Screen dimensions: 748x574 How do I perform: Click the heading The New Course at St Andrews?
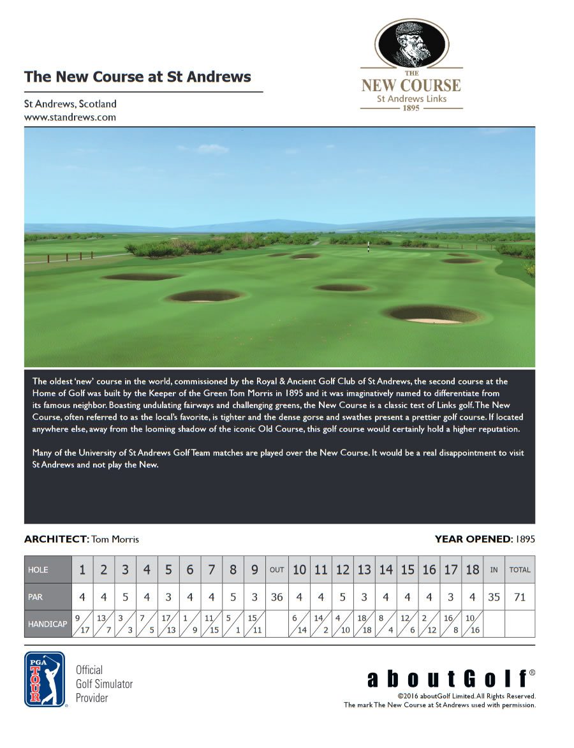138,77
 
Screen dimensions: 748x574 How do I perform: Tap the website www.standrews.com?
70,117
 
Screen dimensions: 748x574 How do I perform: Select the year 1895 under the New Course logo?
411,108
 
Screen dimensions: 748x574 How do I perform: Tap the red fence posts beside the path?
64,257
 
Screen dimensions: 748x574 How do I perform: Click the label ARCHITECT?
56,539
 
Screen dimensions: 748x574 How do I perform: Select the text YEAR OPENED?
473,539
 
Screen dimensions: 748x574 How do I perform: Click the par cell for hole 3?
126,598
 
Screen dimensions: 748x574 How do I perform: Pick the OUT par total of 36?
277,598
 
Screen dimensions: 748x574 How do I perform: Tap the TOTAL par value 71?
520,598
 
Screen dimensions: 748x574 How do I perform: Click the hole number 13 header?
364,570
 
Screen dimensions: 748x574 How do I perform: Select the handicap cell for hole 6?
190,624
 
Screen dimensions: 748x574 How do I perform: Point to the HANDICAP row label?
48,624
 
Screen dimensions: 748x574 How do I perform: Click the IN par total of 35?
494,598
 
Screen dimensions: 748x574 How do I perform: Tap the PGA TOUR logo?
45,679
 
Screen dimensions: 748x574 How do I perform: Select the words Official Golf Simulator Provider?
104,684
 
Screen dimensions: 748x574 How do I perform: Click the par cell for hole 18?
472,598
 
